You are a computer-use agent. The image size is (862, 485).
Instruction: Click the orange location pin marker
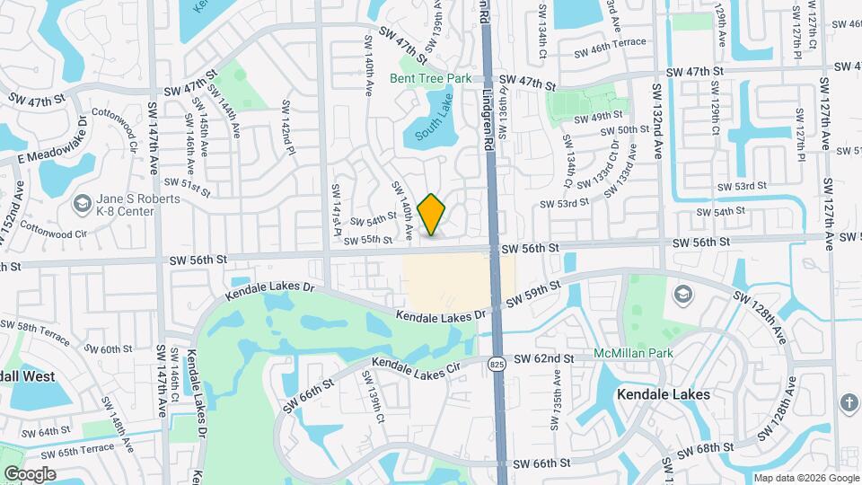(x=432, y=214)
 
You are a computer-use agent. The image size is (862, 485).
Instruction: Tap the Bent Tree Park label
(x=430, y=79)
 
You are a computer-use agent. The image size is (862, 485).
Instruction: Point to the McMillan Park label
(x=633, y=353)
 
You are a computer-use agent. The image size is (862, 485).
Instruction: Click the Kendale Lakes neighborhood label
(x=664, y=394)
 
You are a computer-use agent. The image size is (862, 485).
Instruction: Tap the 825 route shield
(x=497, y=364)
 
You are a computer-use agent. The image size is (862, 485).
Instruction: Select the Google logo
(x=30, y=473)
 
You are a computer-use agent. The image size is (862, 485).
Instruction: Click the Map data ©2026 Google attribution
(x=805, y=478)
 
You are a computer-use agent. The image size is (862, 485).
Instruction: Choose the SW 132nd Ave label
(x=656, y=120)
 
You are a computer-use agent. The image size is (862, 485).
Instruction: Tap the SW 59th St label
(x=532, y=294)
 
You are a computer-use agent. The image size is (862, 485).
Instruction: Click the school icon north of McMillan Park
(x=683, y=295)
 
